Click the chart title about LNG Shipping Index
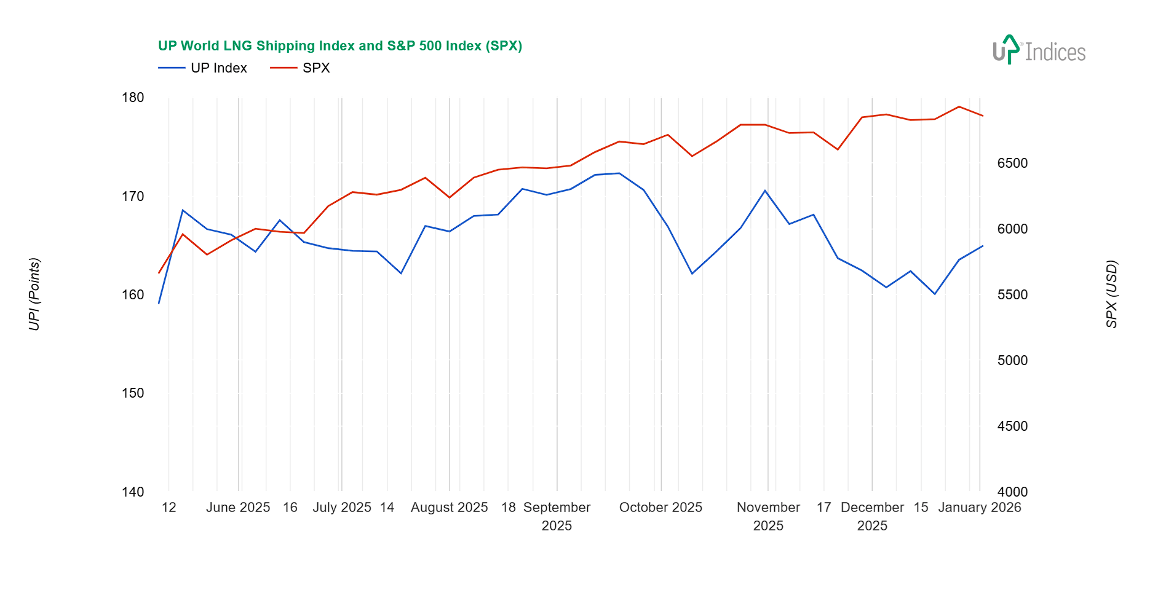pyautogui.click(x=339, y=46)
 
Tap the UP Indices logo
pyautogui.click(x=1039, y=50)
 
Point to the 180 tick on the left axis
pyautogui.click(x=133, y=98)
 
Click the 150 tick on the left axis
pyautogui.click(x=133, y=393)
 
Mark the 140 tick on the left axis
pyautogui.click(x=133, y=492)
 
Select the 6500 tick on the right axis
pyautogui.click(x=1012, y=163)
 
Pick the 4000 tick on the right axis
pyautogui.click(x=1012, y=492)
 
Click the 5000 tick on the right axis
pyautogui.click(x=1012, y=361)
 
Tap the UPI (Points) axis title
pyautogui.click(x=34, y=294)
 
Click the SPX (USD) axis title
pyautogui.click(x=1111, y=294)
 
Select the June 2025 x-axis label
pyautogui.click(x=238, y=508)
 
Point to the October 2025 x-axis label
pyautogui.click(x=660, y=508)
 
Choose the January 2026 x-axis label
pyautogui.click(x=979, y=508)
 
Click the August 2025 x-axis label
pyautogui.click(x=449, y=508)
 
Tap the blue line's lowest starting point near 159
pyautogui.click(x=159, y=304)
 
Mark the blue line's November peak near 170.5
pyautogui.click(x=765, y=191)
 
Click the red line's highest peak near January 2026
pyautogui.click(x=959, y=106)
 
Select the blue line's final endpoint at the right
pyautogui.click(x=983, y=246)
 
